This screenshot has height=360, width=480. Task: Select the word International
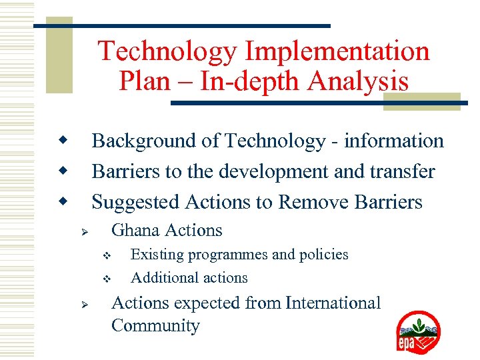coord(333,303)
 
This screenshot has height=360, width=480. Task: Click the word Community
coord(155,326)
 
